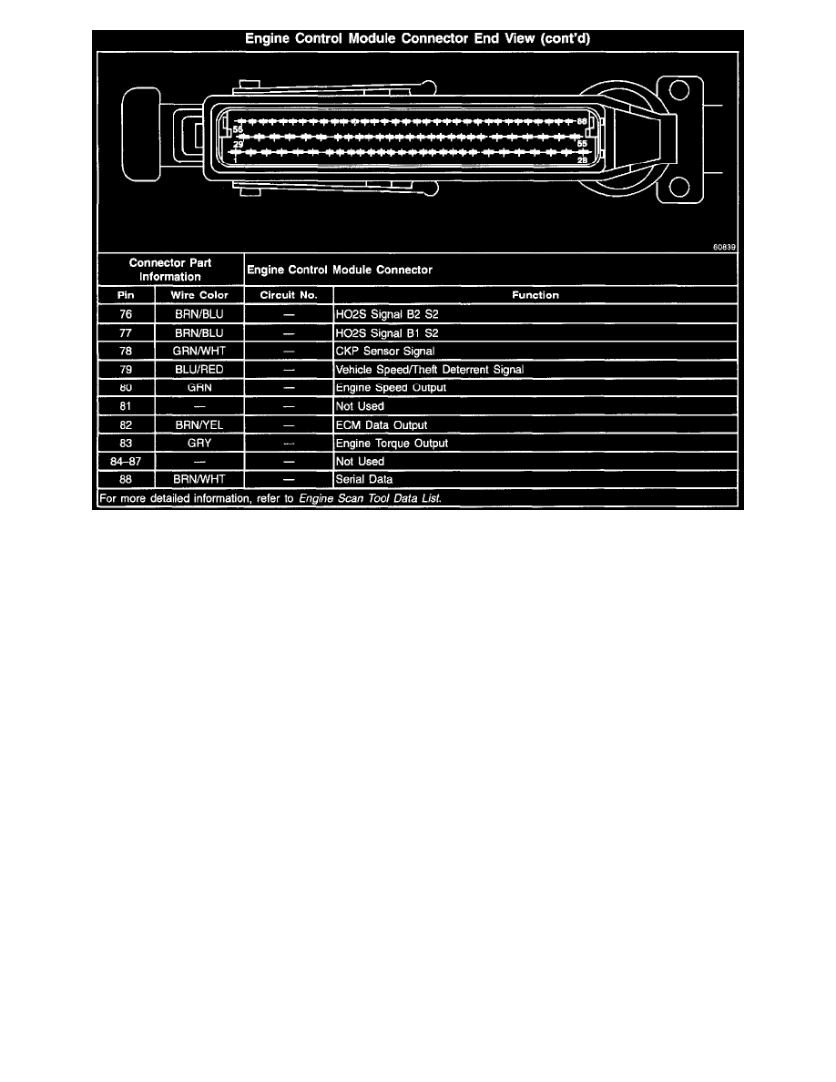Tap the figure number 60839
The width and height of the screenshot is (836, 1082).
(724, 247)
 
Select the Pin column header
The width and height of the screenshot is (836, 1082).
(126, 295)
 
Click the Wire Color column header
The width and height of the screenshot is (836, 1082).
(199, 295)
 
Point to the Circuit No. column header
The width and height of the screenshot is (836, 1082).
(289, 295)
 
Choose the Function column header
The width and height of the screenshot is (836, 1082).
(535, 295)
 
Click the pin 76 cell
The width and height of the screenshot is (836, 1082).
(126, 314)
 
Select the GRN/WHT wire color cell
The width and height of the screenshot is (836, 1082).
(199, 352)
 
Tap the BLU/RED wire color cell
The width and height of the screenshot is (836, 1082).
(199, 370)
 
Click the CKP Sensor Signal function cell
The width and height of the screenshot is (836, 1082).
(385, 352)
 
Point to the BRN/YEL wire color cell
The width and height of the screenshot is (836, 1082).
(199, 425)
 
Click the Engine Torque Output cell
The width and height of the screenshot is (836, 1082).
(392, 444)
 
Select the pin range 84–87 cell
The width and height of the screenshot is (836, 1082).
(126, 462)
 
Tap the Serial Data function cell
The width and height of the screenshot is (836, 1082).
(365, 480)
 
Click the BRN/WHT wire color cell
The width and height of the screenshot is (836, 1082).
(199, 480)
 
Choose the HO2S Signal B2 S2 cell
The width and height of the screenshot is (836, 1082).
(387, 314)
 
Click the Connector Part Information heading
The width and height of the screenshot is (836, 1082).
(170, 270)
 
